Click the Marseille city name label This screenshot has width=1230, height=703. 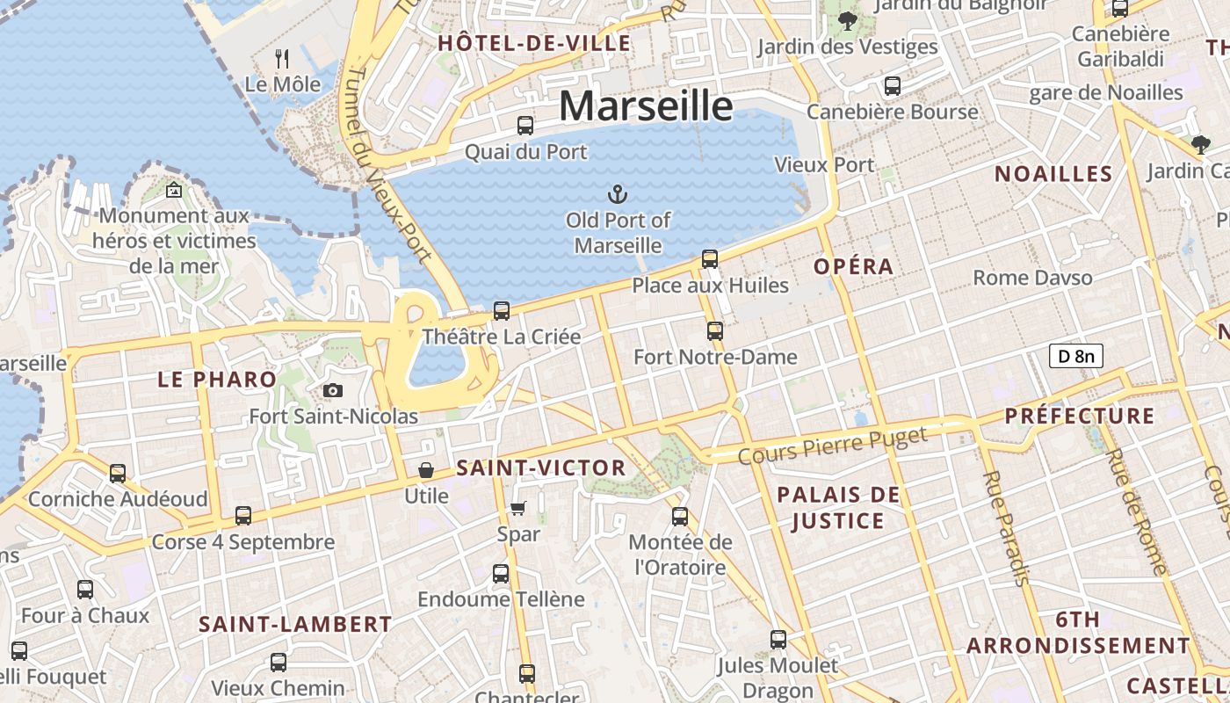646,106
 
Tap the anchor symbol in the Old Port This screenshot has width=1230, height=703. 618,193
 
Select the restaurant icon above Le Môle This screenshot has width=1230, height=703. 282,59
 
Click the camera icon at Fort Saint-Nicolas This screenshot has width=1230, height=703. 333,390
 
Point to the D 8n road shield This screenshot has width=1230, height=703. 1075,356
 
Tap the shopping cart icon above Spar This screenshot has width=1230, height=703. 518,508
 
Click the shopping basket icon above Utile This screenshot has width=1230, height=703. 426,470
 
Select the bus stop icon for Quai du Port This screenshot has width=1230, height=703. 525,125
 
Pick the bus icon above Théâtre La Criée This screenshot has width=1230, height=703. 502,310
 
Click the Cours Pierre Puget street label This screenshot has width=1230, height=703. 832,446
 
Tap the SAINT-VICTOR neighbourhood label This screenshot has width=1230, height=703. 541,468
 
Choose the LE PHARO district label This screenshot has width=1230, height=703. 217,380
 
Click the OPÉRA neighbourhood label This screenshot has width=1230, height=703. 853,266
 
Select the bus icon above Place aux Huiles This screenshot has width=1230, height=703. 710,259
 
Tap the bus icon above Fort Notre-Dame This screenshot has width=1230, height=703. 715,331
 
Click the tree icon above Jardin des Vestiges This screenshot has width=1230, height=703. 848,21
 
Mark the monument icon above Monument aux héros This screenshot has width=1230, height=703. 174,189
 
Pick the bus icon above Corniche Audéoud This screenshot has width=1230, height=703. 118,473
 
